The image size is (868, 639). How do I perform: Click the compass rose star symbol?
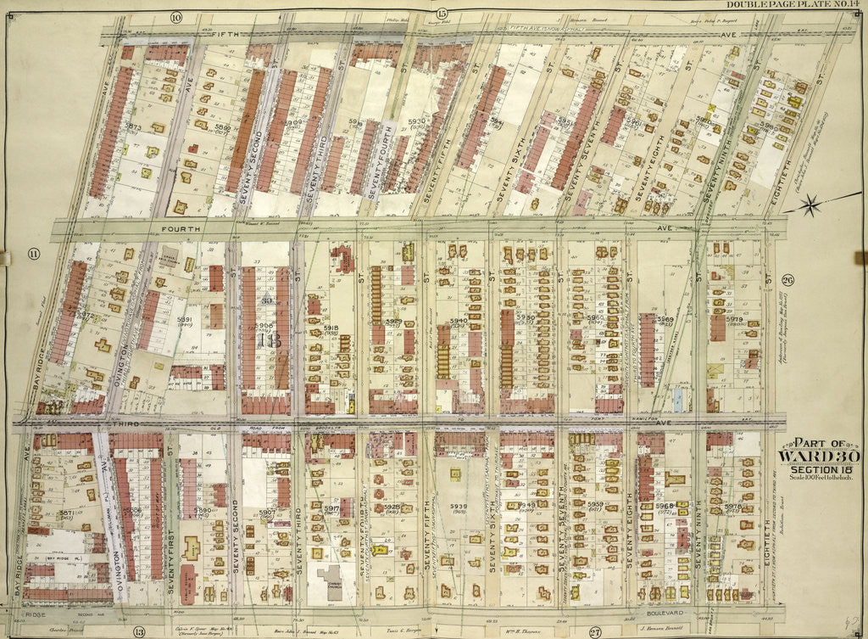coord(813,205)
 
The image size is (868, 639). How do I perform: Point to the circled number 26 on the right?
coord(787,281)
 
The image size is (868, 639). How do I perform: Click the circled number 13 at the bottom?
coord(139,631)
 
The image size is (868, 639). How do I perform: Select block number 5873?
coord(132,126)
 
